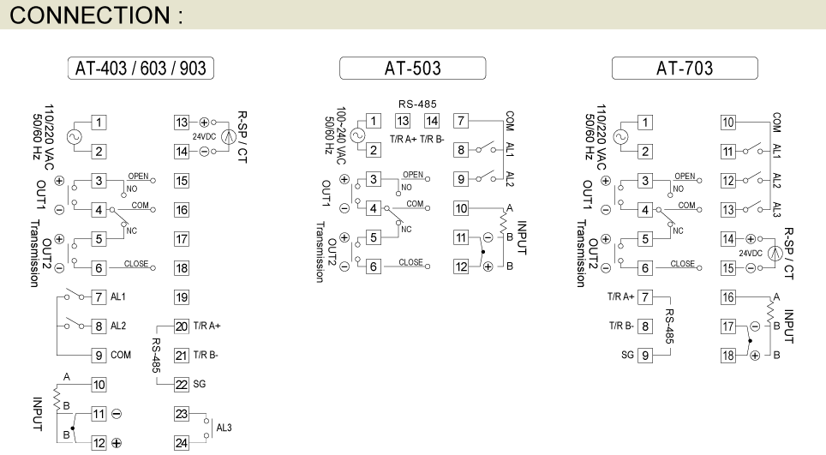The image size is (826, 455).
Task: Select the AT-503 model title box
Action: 412,68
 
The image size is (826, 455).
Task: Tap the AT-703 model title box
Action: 685,68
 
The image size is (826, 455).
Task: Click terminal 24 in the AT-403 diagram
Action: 181,443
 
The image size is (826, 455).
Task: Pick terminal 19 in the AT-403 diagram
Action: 181,297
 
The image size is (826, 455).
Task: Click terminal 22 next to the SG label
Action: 181,385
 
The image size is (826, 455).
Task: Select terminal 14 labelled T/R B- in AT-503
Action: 432,122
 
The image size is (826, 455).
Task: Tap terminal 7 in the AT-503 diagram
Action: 461,122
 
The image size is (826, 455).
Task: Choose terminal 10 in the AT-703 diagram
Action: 728,123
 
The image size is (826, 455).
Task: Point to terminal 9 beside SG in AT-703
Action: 646,355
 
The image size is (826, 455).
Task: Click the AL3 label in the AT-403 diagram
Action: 224,428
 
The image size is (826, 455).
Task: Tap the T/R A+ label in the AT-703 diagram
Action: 621,296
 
